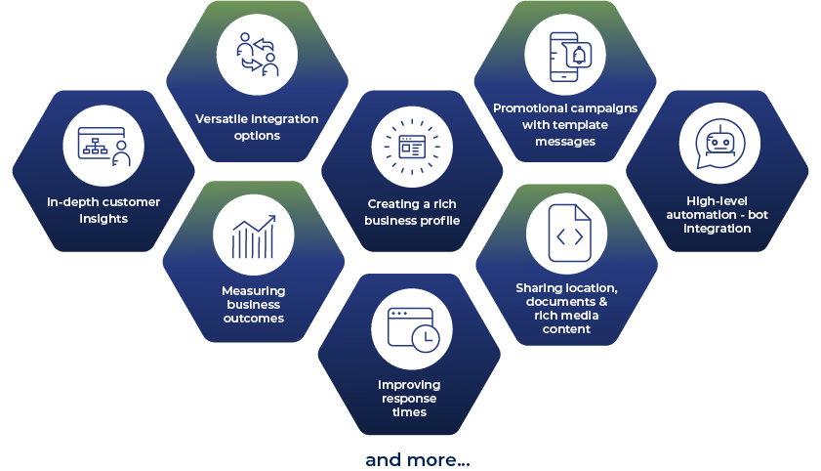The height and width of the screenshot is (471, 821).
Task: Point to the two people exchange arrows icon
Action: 258,55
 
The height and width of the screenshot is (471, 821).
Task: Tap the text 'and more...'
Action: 417,459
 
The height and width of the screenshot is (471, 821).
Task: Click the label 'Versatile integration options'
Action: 258,127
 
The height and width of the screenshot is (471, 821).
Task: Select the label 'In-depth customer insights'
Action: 103,210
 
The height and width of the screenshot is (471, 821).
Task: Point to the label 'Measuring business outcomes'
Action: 253,304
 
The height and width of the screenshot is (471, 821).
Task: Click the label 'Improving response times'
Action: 410,398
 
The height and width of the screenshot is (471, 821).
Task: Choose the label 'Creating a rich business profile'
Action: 411,212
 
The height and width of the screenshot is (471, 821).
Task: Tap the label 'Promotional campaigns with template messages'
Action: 565,124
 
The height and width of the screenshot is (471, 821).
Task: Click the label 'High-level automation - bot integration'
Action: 718,214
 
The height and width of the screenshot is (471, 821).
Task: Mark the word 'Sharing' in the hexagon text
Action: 541,287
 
